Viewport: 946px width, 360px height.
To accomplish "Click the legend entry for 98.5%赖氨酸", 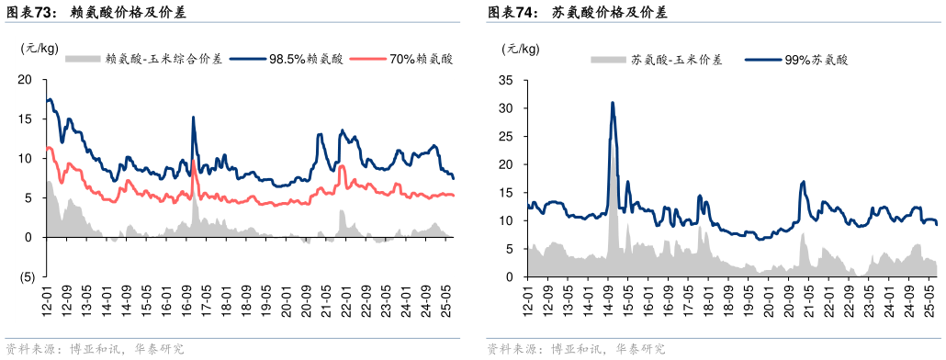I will (293, 60).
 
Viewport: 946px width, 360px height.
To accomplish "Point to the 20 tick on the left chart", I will (27, 79).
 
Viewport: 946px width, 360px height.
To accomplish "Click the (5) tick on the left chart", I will (27, 276).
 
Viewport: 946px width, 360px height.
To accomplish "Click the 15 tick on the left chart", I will (27, 118).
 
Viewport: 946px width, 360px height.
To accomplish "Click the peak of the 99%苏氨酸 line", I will (612, 103).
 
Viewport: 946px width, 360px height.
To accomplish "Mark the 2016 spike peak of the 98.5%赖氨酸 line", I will (193, 118).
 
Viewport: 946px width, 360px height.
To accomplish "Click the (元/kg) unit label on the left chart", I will (39, 48).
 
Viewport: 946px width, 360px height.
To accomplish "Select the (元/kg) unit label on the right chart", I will (521, 48).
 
